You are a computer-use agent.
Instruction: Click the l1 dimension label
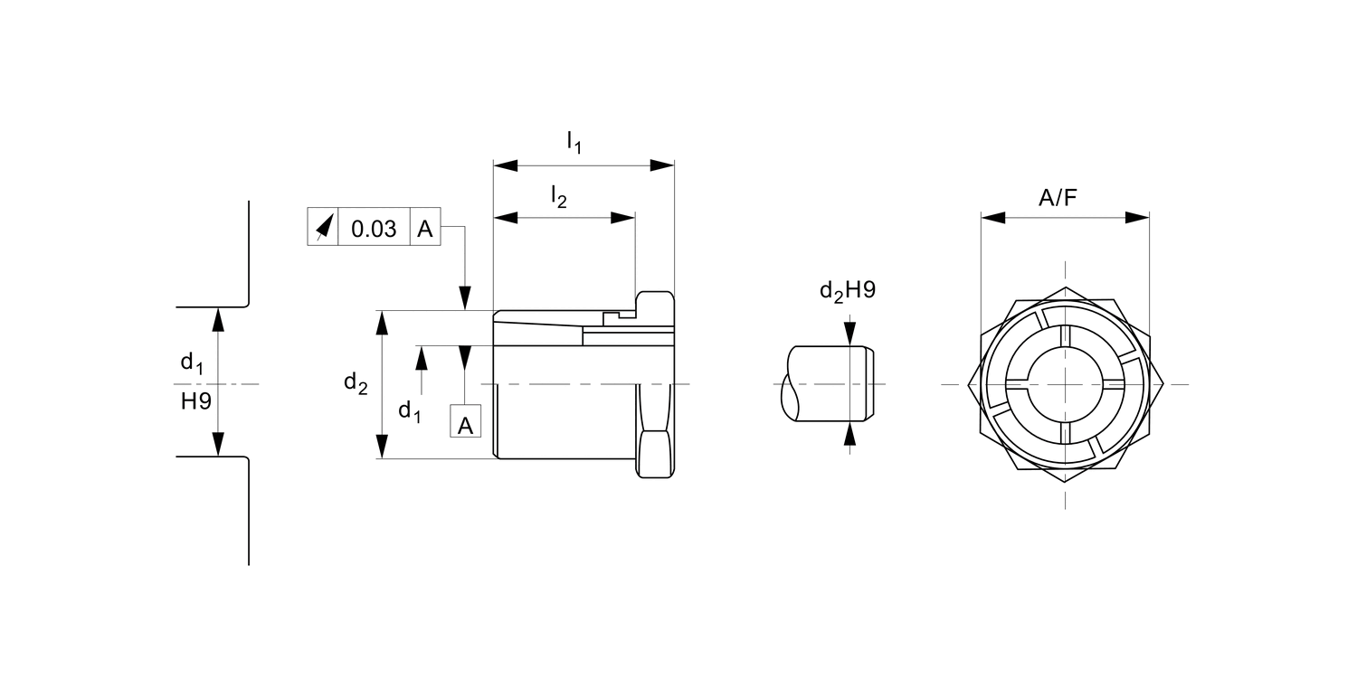coord(574,142)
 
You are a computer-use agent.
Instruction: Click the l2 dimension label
coord(559,196)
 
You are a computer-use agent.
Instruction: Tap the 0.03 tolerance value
coord(374,229)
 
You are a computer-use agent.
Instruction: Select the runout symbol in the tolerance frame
coord(323,229)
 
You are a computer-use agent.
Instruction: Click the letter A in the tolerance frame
coord(425,229)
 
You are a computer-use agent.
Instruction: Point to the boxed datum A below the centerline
coord(465,423)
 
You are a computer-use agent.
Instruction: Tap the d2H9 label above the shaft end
coord(847,290)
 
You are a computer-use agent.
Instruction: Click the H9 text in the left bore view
coord(195,400)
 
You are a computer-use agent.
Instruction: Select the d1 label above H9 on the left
coord(192,363)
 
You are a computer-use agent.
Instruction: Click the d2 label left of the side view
coord(356,383)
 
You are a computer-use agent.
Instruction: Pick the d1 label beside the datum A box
coord(410,411)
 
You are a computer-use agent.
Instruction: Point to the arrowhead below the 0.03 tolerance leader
coord(465,298)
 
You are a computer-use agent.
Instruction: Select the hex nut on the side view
coord(655,384)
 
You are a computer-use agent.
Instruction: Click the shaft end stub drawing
coord(828,384)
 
